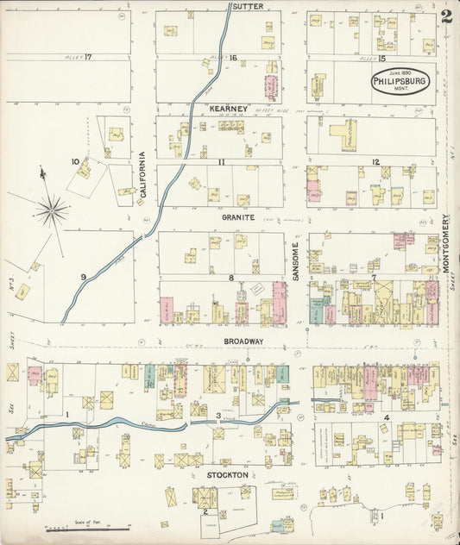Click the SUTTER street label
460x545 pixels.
coord(248,6)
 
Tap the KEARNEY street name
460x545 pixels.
coord(229,109)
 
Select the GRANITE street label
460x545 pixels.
coord(238,218)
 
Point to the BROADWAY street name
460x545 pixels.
coord(243,341)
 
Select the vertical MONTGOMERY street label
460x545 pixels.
coord(446,244)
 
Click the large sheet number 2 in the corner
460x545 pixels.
coord(445,16)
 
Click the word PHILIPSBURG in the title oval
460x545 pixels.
coord(400,82)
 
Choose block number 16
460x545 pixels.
coord(232,58)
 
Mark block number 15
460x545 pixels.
coord(380,58)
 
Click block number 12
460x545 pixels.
coord(375,162)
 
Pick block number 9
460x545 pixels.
coord(84,276)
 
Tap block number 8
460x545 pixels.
coord(231,278)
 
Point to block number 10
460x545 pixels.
coord(76,161)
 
